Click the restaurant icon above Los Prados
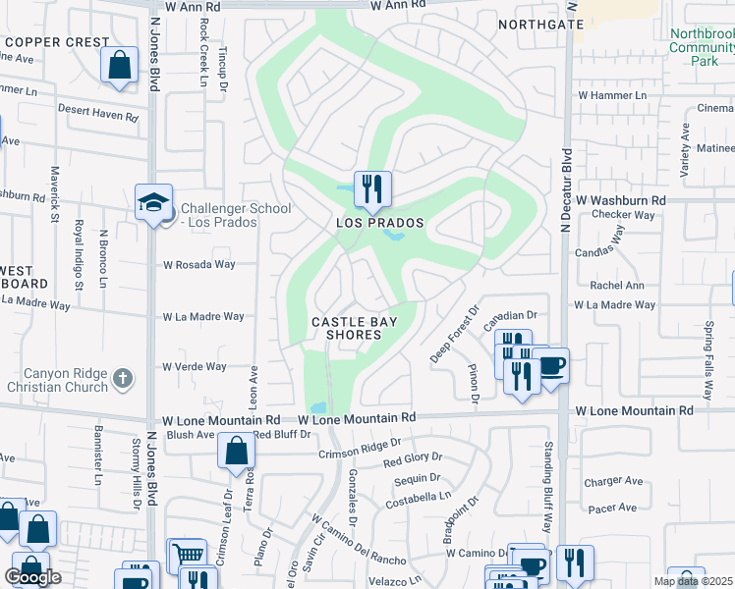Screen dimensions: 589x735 click(x=372, y=187)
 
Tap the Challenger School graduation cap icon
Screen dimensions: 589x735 click(x=154, y=202)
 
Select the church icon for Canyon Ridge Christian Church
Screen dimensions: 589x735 click(x=123, y=377)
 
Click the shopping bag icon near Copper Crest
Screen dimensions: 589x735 click(x=119, y=66)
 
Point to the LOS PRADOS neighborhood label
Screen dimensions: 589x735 click(x=380, y=223)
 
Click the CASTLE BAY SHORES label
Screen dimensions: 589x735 click(x=346, y=328)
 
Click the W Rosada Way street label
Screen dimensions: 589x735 click(x=199, y=264)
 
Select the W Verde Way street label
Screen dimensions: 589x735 click(x=195, y=366)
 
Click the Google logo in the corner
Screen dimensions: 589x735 click(x=32, y=577)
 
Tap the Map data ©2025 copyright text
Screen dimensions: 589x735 click(x=694, y=581)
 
